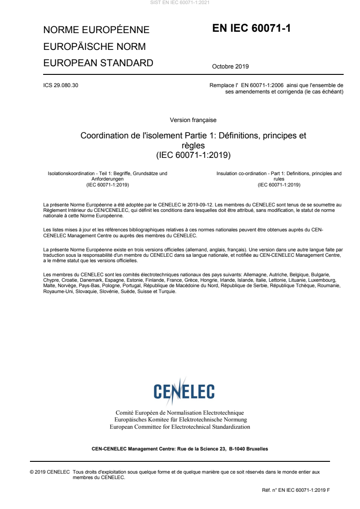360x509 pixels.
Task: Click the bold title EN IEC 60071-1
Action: [x=251, y=29]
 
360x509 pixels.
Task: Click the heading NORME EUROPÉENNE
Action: [x=96, y=30]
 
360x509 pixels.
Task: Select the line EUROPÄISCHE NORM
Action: [x=94, y=47]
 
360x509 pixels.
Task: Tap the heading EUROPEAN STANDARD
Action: [x=98, y=63]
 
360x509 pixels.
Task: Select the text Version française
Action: [x=193, y=120]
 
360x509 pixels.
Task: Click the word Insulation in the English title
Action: [x=228, y=173]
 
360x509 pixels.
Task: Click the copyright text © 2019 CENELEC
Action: [x=49, y=472]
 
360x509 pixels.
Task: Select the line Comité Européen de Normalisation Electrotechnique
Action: [x=180, y=413]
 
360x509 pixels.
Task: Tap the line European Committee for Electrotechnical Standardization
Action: [x=180, y=427]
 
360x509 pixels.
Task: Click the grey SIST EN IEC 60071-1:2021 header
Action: [x=180, y=3]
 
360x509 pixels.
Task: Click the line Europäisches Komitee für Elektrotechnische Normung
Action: [x=180, y=420]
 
